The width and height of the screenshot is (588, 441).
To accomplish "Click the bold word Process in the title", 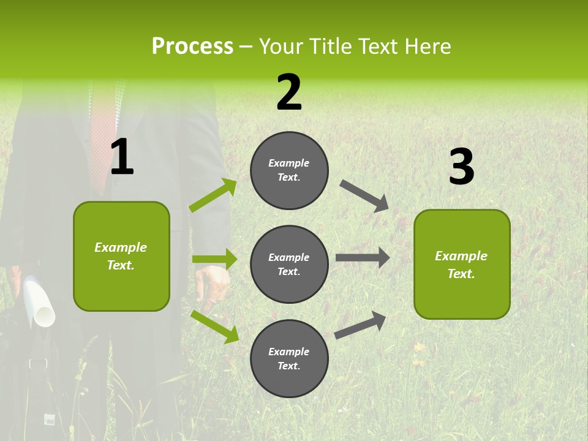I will click(x=192, y=47).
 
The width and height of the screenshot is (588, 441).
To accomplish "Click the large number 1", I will click(x=122, y=157).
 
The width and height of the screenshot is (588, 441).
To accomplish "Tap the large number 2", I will click(x=289, y=92).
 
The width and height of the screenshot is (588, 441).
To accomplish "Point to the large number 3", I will click(x=461, y=167).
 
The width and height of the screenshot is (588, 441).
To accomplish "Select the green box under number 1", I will click(x=121, y=256).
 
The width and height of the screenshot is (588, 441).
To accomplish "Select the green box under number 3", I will click(x=462, y=264).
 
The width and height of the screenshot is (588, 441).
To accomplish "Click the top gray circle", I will click(x=289, y=170).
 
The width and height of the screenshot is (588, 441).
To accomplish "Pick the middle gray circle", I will click(x=289, y=264).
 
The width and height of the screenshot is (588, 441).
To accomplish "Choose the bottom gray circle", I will click(x=289, y=358).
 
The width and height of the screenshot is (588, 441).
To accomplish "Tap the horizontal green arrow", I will click(x=214, y=259).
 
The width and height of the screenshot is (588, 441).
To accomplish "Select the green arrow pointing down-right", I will click(x=214, y=326).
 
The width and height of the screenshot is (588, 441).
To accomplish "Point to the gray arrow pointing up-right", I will click(x=360, y=325).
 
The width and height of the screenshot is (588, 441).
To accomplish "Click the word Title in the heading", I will click(x=331, y=47).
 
